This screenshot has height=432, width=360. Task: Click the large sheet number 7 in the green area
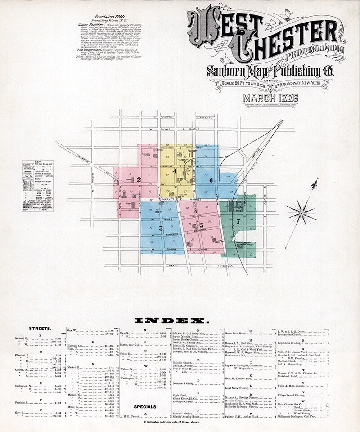(238, 221)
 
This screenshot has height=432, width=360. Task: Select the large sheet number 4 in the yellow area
(174, 171)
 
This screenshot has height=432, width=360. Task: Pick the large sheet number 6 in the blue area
(211, 180)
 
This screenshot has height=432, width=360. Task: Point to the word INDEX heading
(172, 321)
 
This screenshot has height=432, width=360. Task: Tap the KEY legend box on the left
(37, 186)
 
